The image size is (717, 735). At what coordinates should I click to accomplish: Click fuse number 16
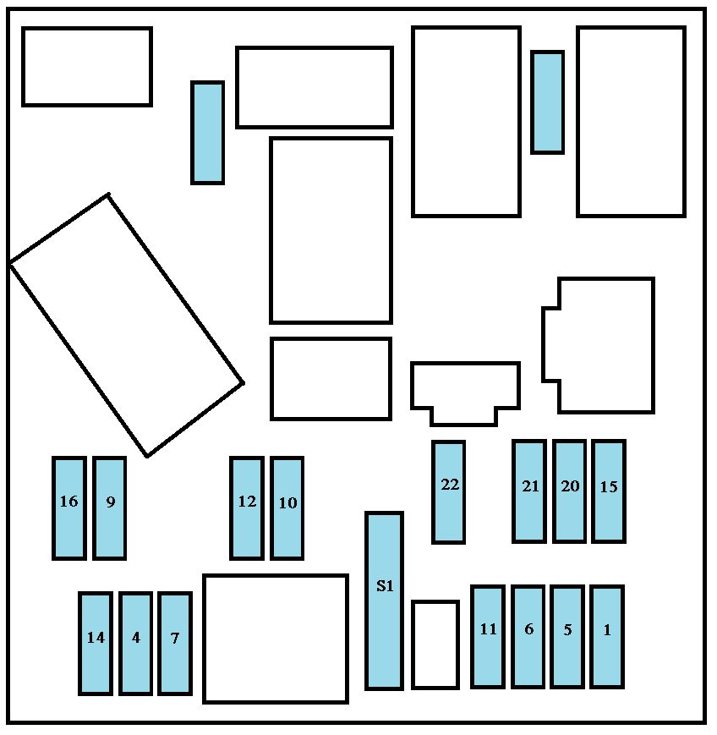click(x=68, y=508)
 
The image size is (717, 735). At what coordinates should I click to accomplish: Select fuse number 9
click(x=109, y=508)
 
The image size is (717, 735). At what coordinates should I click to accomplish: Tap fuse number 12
click(x=247, y=508)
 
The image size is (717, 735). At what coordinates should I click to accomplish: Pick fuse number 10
click(x=287, y=508)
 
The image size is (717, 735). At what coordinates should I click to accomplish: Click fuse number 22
click(x=448, y=492)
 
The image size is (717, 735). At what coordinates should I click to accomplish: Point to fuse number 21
click(x=529, y=491)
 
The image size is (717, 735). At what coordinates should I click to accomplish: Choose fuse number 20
click(x=569, y=491)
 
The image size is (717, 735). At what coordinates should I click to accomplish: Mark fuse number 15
click(x=609, y=491)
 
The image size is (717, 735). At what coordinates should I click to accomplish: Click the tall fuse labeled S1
click(x=384, y=601)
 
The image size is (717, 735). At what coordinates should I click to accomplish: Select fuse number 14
click(x=96, y=644)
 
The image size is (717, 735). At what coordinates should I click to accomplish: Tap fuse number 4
click(x=136, y=644)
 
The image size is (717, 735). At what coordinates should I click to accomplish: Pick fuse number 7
click(x=175, y=644)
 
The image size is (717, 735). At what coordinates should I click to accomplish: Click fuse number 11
click(x=488, y=637)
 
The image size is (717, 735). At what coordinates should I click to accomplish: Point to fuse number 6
click(x=528, y=637)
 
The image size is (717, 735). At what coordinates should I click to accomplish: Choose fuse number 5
click(x=567, y=637)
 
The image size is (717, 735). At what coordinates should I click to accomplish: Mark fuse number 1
click(x=607, y=637)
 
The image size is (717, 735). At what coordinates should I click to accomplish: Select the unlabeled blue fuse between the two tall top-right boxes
click(x=547, y=102)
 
